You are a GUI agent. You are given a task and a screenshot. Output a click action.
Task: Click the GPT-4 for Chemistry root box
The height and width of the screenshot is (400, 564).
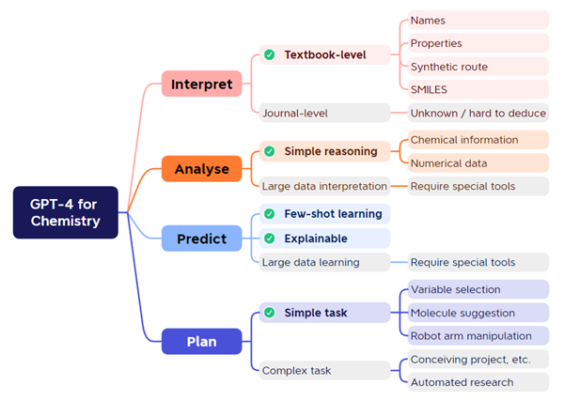click(x=66, y=212)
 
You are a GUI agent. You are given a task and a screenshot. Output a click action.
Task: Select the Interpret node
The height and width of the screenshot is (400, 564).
click(x=201, y=84)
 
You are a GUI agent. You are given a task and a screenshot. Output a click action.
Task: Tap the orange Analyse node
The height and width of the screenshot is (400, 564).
click(x=201, y=169)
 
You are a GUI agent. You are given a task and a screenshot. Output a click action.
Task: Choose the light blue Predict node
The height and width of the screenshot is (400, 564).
click(x=201, y=238)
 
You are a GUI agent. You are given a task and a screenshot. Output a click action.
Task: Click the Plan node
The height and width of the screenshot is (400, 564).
click(x=201, y=341)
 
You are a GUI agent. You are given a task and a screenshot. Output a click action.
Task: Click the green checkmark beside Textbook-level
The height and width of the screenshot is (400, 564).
click(x=270, y=54)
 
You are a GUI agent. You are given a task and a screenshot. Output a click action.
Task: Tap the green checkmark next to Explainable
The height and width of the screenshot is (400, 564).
click(x=270, y=238)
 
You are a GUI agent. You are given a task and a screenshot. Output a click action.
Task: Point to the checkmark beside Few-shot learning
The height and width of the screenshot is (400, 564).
click(x=270, y=214)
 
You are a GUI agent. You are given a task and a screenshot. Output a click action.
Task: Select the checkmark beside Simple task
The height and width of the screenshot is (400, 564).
click(x=270, y=313)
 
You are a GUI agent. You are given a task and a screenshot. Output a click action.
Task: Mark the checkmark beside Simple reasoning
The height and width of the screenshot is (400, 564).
click(x=270, y=151)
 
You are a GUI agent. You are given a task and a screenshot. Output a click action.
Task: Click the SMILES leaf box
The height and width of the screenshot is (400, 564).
click(x=478, y=89)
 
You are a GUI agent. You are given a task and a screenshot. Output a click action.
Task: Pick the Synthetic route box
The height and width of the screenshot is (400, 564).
click(x=478, y=67)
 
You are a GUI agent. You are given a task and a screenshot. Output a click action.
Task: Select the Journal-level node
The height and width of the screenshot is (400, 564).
click(x=325, y=113)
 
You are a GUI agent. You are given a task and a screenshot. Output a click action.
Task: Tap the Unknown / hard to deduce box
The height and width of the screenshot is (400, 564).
click(x=478, y=113)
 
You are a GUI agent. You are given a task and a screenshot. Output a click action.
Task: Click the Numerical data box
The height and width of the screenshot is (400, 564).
click(x=478, y=163)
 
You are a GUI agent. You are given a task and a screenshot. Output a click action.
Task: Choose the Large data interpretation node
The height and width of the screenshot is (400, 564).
click(x=325, y=186)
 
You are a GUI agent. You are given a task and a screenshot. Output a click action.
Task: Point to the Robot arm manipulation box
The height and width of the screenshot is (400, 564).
click(x=478, y=335)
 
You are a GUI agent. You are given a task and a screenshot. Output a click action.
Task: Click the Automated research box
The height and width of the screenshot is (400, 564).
click(x=478, y=382)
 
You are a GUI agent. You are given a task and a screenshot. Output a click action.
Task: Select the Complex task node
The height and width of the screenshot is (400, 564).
click(x=325, y=370)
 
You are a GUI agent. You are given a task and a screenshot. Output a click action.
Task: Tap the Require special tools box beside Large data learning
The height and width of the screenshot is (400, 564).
click(x=478, y=262)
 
